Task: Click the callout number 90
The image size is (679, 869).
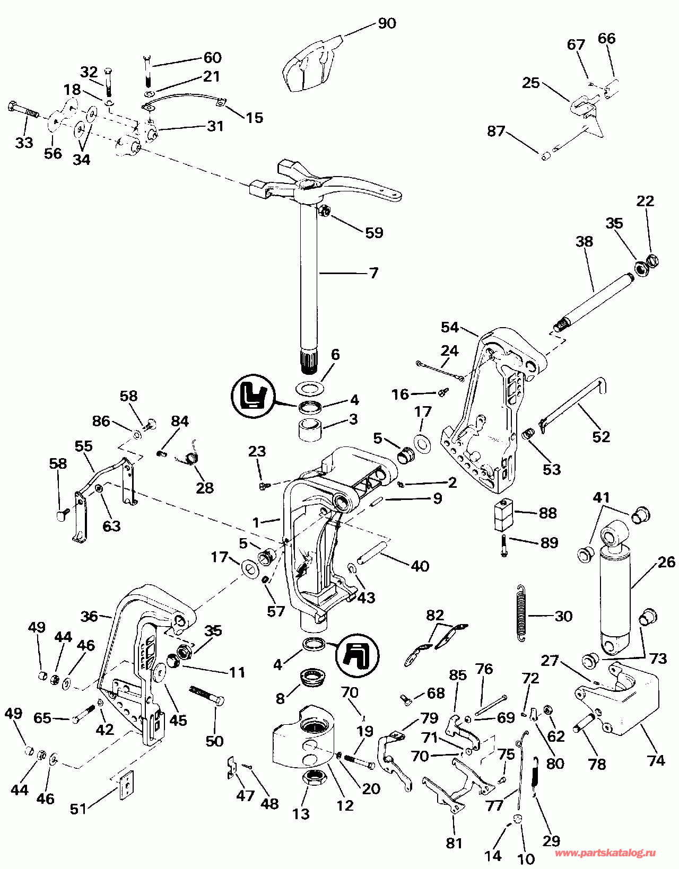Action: pyautogui.click(x=387, y=24)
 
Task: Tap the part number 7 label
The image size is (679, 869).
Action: pyautogui.click(x=373, y=273)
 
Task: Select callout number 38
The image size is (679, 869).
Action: pyautogui.click(x=584, y=242)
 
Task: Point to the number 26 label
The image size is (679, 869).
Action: pyautogui.click(x=666, y=562)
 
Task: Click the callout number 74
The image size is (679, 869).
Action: pyautogui.click(x=656, y=760)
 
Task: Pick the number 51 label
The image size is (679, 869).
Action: pyautogui.click(x=79, y=809)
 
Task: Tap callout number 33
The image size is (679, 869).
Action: pyautogui.click(x=24, y=143)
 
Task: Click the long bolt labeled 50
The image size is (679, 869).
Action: pyautogui.click(x=207, y=695)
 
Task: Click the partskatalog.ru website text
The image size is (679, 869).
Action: pyautogui.click(x=605, y=853)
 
